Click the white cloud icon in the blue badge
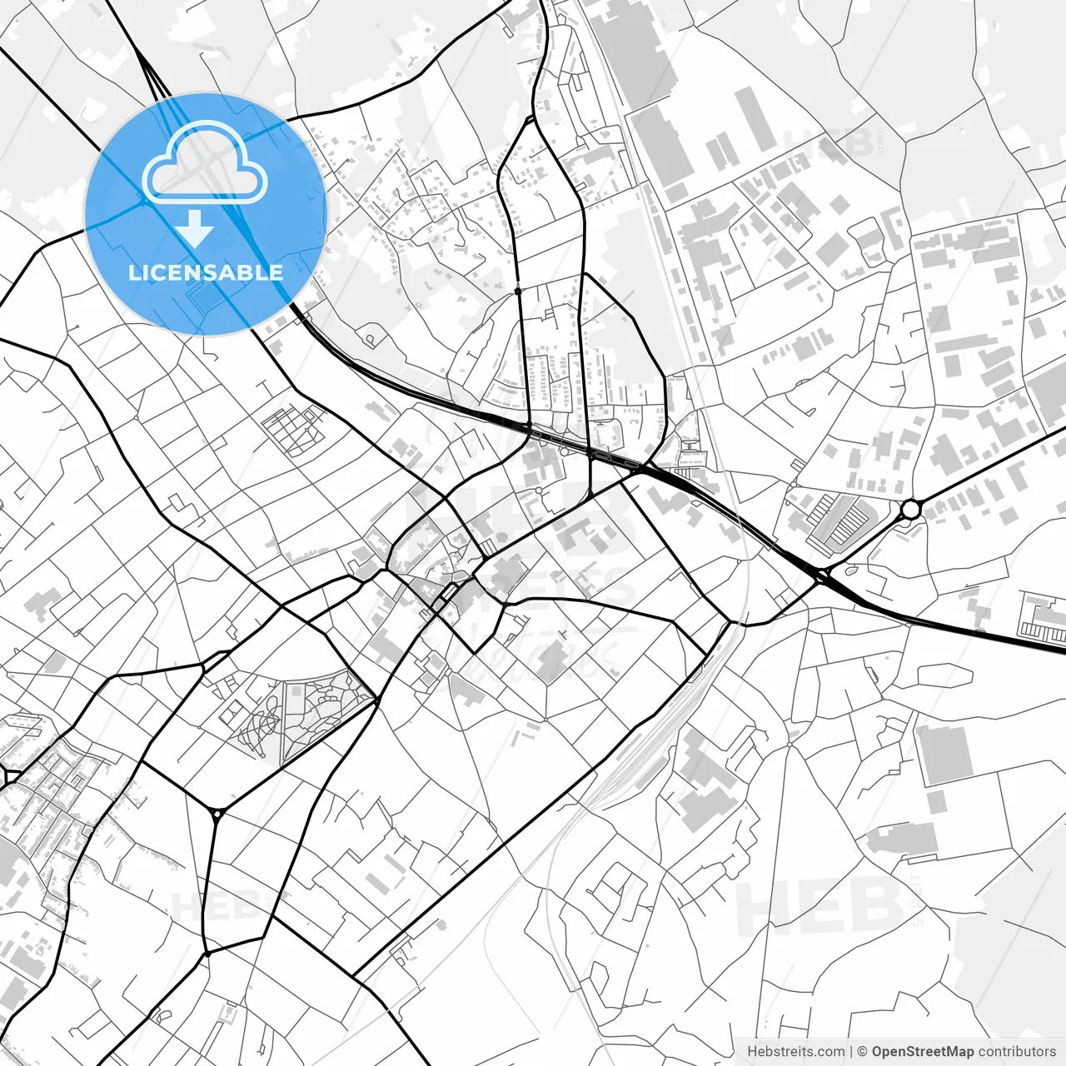(204, 162)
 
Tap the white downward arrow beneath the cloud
(197, 228)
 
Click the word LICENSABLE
(206, 272)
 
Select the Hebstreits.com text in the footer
(795, 1052)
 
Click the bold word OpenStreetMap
(923, 1052)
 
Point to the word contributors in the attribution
(1017, 1052)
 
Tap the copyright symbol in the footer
(863, 1052)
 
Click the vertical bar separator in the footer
(851, 1052)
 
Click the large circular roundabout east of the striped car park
(910, 508)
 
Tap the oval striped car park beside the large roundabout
(838, 521)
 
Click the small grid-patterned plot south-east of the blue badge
(292, 430)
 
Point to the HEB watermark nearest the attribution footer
(820, 908)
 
